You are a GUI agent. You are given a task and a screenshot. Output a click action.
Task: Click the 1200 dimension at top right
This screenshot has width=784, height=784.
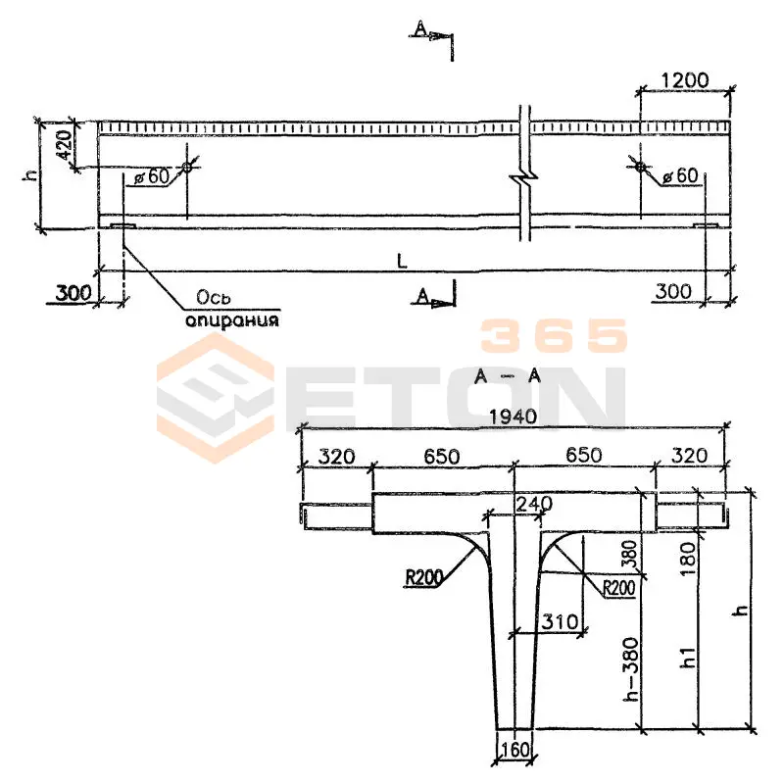684,80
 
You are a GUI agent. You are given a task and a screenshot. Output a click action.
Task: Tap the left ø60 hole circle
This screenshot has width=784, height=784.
186,167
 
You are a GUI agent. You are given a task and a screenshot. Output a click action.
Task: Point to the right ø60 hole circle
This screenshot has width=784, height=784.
641,166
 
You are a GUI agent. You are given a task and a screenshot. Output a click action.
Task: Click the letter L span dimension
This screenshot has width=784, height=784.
402,261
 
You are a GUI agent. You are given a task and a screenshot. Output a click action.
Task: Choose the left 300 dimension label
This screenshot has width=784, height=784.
73,293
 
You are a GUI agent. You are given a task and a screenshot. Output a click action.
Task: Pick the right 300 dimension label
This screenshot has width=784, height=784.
673,291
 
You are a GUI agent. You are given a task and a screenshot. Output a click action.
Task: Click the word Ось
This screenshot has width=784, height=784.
214,298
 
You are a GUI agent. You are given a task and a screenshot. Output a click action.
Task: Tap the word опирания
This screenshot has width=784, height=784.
232,320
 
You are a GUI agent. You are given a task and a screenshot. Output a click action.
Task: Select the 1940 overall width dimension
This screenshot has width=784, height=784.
513,416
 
